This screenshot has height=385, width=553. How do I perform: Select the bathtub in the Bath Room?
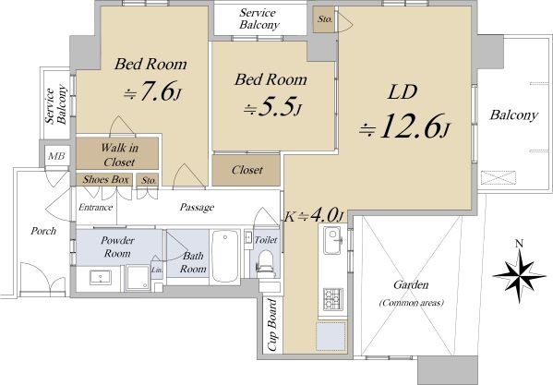pos(225,257)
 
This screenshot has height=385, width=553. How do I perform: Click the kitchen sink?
pos(332,240)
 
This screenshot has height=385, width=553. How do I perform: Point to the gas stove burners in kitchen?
pos(333,299)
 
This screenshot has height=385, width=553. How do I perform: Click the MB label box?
pos(56,156)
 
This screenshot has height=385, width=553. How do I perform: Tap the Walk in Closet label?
pos(119,155)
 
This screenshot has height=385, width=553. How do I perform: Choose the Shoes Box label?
pos(106,179)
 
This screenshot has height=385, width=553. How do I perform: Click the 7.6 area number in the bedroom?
pos(158,91)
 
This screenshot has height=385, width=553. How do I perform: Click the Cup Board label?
pos(272,325)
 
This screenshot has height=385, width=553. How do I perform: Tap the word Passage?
pos(197,207)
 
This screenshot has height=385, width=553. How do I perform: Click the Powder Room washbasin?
pos(101,277)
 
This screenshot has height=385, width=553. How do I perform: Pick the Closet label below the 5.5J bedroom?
pos(247,170)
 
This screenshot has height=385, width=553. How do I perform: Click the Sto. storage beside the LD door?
pos(325,19)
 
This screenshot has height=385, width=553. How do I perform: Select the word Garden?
pos(411,284)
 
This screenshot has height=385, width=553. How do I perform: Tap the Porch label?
pos(43,231)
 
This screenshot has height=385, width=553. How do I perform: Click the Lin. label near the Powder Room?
pos(157,271)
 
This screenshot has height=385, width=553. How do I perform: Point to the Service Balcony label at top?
pos(258,18)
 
